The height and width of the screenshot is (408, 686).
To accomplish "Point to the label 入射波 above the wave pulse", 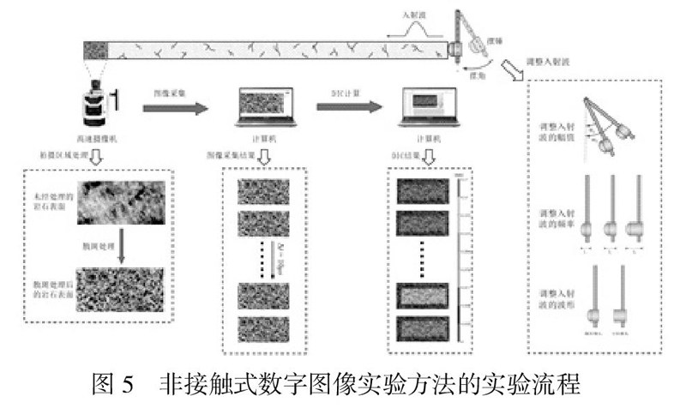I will pos(416,15).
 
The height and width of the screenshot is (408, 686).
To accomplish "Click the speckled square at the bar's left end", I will pos(93,50).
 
